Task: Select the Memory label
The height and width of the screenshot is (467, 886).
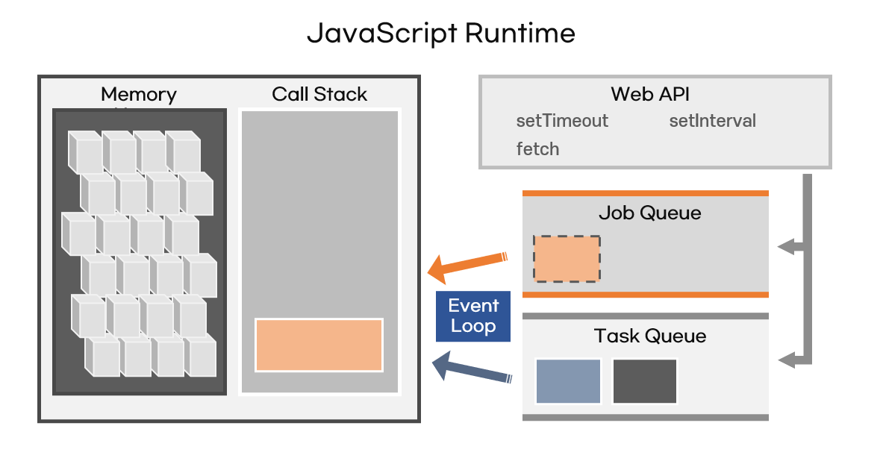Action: [139, 95]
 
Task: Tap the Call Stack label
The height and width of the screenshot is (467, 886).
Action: [319, 95]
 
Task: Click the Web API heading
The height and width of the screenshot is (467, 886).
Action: [650, 95]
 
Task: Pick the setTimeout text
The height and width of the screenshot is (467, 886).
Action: [562, 121]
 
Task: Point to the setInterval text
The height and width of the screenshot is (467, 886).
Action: [712, 121]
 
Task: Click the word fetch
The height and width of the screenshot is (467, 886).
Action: [537, 149]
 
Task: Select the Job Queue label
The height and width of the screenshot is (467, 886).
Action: [649, 213]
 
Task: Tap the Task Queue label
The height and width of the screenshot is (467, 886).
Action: [649, 336]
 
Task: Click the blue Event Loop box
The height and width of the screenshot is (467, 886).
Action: [473, 316]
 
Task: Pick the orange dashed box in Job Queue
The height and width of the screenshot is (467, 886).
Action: [567, 259]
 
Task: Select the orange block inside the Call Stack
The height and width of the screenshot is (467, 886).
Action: [319, 345]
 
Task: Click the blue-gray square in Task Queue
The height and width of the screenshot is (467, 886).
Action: [568, 381]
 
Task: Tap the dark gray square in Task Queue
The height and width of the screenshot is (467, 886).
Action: [645, 381]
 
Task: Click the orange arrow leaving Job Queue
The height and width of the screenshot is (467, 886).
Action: [469, 265]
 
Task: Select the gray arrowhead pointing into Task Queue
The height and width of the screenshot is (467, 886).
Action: [785, 361]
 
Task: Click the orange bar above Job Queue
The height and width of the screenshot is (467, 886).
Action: [645, 193]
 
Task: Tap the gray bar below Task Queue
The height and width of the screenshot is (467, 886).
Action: [645, 418]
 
